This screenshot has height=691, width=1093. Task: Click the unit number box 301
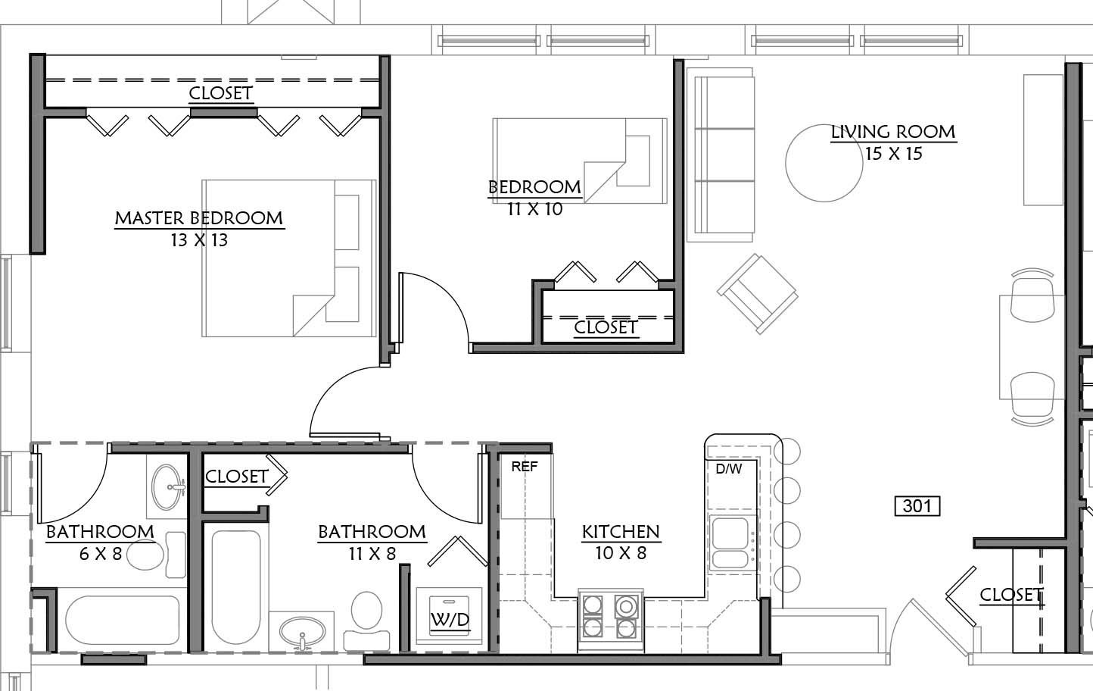(x=917, y=506)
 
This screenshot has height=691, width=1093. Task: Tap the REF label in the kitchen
(x=525, y=467)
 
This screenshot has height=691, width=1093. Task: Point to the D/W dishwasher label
(x=728, y=469)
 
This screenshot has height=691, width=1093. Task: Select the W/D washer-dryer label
(x=450, y=620)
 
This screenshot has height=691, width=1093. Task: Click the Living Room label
(x=893, y=132)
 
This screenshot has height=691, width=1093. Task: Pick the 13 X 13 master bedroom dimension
(x=199, y=240)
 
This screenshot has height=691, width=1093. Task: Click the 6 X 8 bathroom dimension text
(x=101, y=554)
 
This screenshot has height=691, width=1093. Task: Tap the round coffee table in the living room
(x=824, y=163)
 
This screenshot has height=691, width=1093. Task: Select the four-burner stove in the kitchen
(x=610, y=621)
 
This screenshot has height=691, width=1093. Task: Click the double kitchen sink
(x=731, y=542)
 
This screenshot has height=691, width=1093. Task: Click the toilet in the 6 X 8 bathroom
(x=156, y=555)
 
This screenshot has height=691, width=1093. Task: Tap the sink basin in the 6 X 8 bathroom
(x=167, y=486)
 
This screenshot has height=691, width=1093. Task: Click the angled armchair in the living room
(x=757, y=294)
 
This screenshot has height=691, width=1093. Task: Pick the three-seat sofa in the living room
(x=720, y=155)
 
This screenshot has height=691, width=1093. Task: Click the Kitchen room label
(x=621, y=531)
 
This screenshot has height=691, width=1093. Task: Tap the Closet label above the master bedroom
(x=220, y=93)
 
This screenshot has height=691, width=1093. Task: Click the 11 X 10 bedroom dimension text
(x=535, y=210)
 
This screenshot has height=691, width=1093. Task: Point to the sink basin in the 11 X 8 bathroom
(x=303, y=631)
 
